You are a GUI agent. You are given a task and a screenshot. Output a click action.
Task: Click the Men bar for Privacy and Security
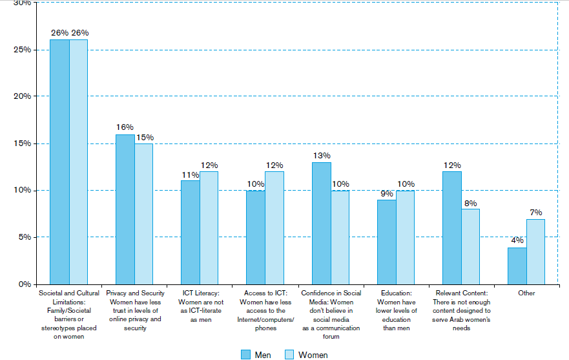(x=125, y=209)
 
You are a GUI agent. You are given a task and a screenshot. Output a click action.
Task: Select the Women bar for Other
(x=535, y=252)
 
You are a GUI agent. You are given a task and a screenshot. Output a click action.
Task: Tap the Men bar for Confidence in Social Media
(x=322, y=224)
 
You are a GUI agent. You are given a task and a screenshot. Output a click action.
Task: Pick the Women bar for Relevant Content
(x=471, y=247)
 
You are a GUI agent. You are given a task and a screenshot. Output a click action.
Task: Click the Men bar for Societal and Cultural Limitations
(x=59, y=162)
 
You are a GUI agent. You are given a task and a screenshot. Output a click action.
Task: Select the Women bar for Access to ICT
(x=274, y=228)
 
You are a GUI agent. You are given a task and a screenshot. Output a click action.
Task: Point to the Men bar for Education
(x=387, y=242)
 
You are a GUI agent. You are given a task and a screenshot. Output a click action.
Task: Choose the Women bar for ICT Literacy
(x=209, y=228)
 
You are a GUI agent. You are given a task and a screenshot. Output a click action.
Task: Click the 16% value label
(x=125, y=127)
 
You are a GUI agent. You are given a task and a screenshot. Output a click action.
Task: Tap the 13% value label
(x=322, y=156)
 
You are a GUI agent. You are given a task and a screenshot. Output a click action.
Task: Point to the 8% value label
(x=471, y=204)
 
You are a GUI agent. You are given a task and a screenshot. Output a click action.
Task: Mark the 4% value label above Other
(x=517, y=240)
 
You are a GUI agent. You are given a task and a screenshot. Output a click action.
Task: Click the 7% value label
(x=535, y=212)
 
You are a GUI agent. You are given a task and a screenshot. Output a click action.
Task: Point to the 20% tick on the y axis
(x=22, y=96)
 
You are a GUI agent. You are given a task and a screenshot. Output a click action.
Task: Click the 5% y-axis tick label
(x=25, y=237)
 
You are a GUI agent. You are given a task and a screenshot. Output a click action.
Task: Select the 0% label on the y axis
(x=25, y=284)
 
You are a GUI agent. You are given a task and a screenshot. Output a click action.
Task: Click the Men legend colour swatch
(x=245, y=355)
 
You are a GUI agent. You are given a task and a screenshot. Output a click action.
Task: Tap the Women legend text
(x=313, y=355)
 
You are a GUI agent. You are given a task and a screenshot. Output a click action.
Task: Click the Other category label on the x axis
(x=526, y=293)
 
